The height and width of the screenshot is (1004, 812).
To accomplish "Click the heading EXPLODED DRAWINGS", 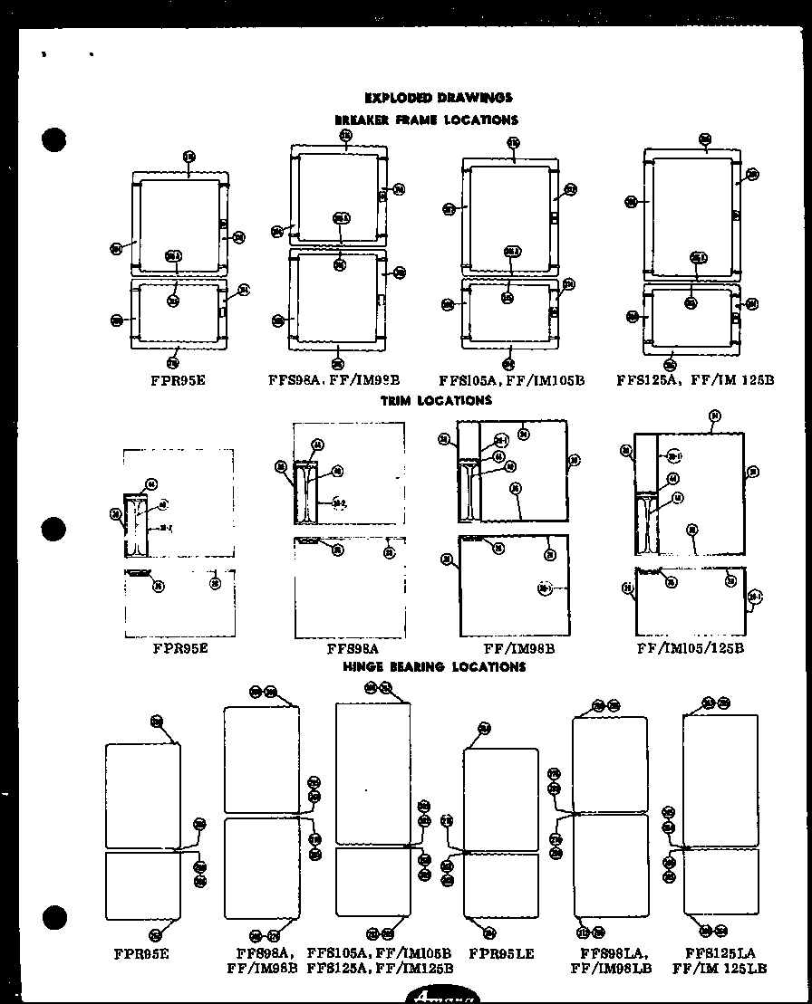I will pyautogui.click(x=438, y=98).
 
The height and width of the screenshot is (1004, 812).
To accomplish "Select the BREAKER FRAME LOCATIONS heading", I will pyautogui.click(x=426, y=120).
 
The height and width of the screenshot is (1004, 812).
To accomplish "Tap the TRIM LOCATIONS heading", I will pyautogui.click(x=436, y=400).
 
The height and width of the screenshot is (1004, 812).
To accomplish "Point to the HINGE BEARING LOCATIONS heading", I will pyautogui.click(x=434, y=666).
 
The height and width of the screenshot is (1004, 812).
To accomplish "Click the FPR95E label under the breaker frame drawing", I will pyautogui.click(x=178, y=380).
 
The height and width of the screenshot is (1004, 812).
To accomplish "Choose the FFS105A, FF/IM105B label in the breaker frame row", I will pyautogui.click(x=511, y=380).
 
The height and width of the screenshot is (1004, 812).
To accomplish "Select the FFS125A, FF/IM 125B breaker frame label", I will pyautogui.click(x=695, y=380).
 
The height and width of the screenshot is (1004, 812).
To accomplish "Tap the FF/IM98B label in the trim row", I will pyautogui.click(x=519, y=648).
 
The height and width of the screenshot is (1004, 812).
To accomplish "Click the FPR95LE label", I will pyautogui.click(x=501, y=953).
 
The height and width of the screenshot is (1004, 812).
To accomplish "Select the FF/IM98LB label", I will pyautogui.click(x=611, y=968).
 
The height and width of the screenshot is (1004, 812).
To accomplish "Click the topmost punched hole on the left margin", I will pyautogui.click(x=55, y=140).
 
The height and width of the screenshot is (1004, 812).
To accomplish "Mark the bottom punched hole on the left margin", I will pyautogui.click(x=55, y=917).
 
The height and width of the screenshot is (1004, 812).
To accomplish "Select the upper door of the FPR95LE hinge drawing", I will pyautogui.click(x=501, y=799).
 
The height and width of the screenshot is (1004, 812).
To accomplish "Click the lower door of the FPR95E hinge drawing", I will pyautogui.click(x=143, y=885).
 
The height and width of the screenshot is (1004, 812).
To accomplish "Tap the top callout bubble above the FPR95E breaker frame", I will pyautogui.click(x=188, y=157).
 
